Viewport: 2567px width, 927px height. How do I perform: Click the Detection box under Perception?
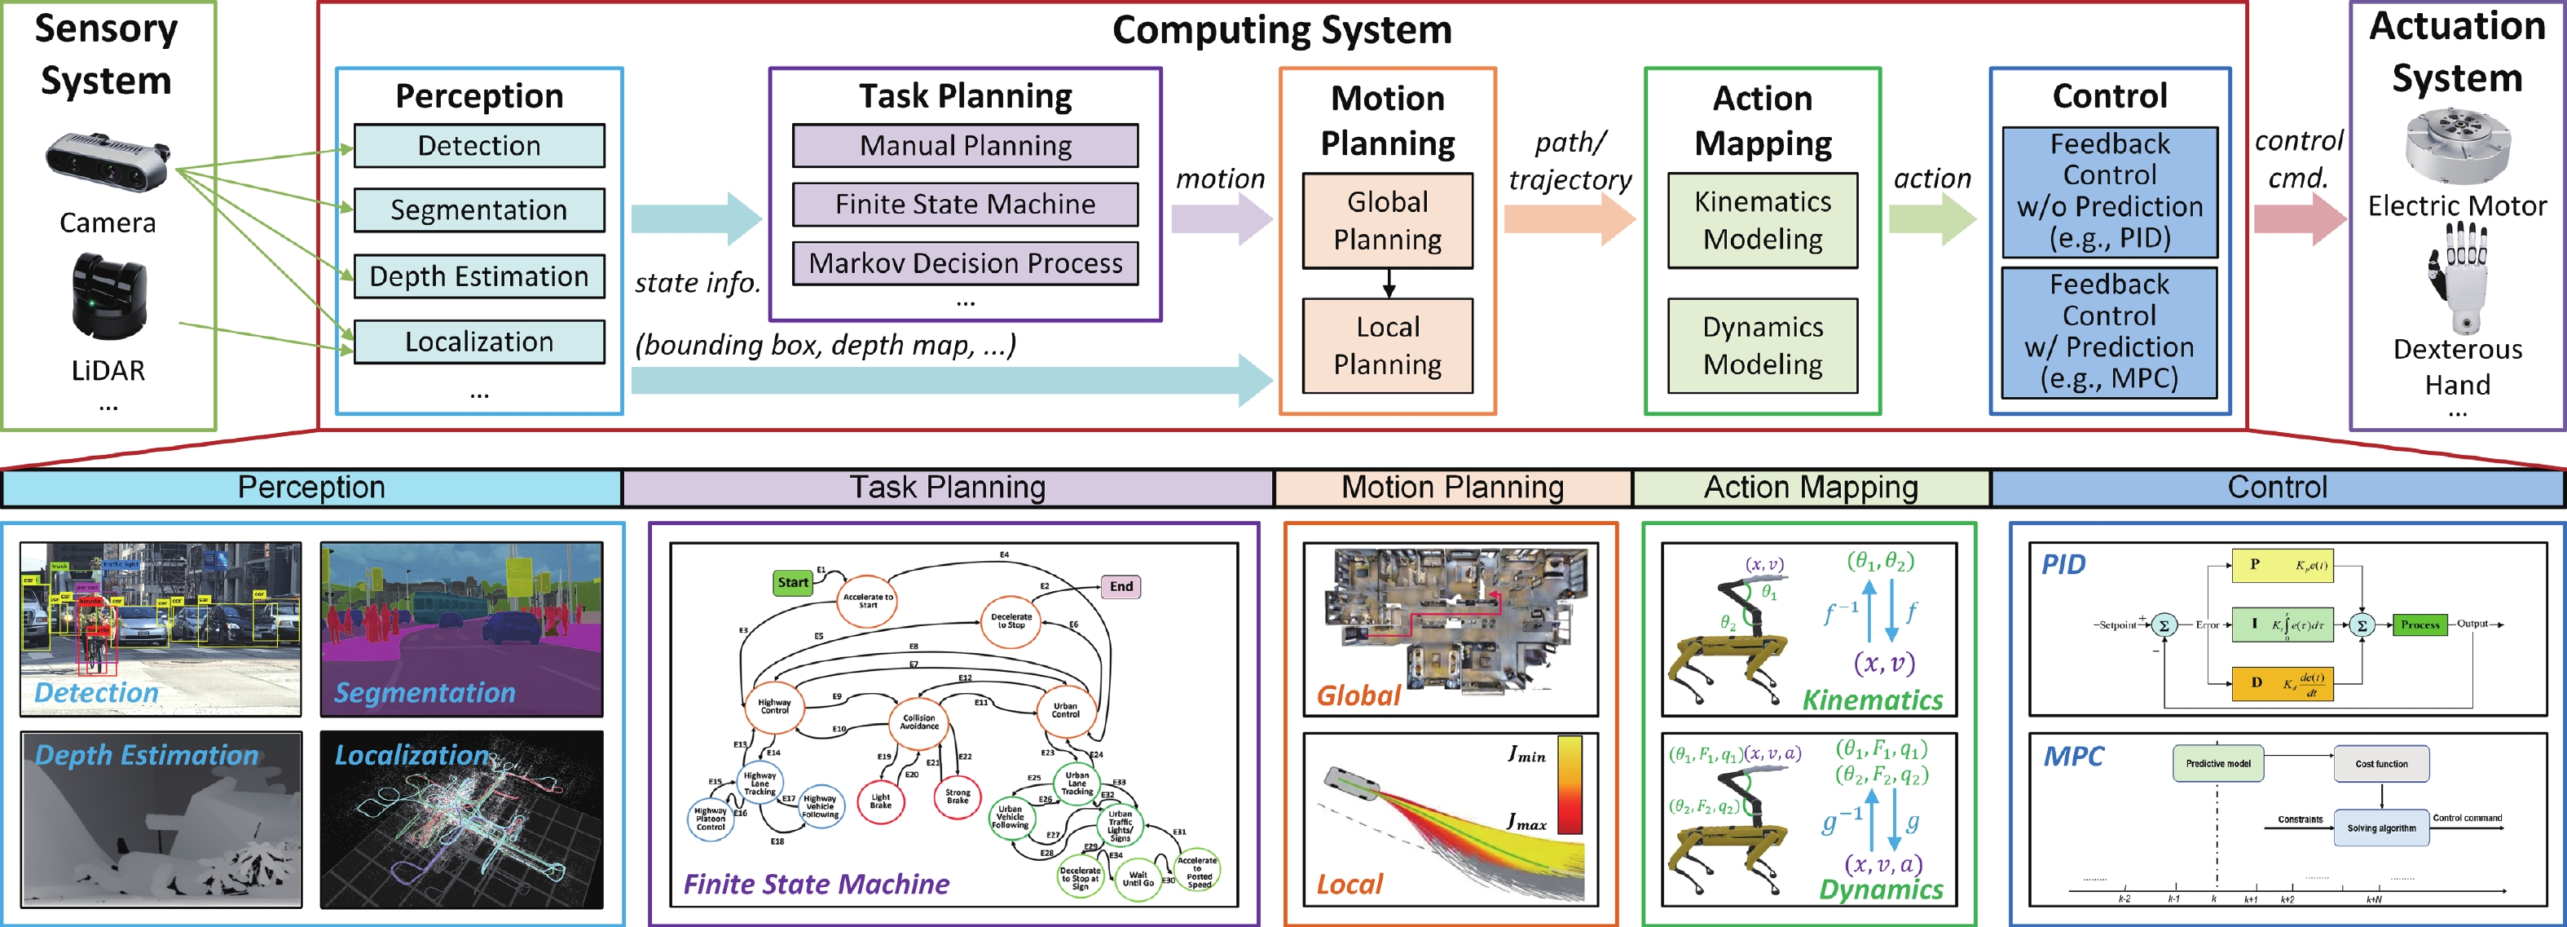point(478,145)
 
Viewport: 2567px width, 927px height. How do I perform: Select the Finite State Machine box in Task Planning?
point(965,205)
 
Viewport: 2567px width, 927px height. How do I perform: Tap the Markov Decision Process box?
point(965,263)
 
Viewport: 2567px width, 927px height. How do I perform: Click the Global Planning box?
point(1387,220)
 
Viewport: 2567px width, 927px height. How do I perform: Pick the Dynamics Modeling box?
point(1762,345)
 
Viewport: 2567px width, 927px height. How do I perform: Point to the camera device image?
point(108,161)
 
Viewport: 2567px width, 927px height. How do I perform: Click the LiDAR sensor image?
point(108,296)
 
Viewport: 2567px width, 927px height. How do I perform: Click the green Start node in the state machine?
point(793,583)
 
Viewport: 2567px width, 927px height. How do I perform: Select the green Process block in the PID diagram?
point(2419,625)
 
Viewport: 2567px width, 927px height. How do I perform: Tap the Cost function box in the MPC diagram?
point(2380,763)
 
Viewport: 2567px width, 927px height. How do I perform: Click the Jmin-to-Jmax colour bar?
point(1570,784)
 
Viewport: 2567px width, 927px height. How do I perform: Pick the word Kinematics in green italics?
point(1873,700)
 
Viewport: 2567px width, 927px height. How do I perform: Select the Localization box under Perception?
point(478,342)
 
